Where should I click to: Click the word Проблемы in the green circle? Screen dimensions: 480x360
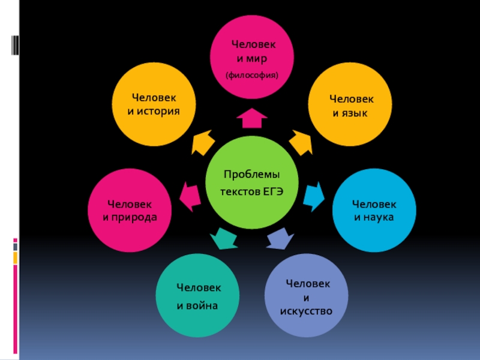(251, 174)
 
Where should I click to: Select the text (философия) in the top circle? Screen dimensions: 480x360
(251, 76)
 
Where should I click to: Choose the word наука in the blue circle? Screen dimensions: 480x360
(377, 217)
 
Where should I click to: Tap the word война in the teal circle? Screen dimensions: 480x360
(202, 306)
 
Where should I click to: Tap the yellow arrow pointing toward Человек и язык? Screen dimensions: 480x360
(301, 142)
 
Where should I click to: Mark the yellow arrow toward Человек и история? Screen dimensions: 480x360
(203, 143)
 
